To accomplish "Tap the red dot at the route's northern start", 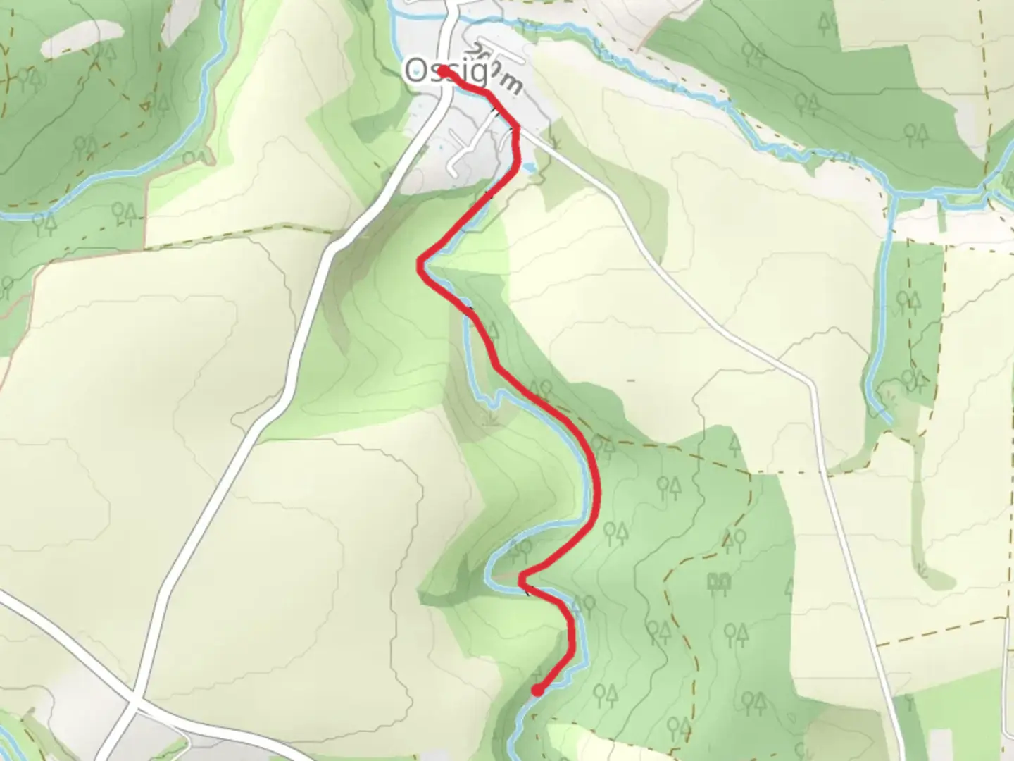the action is [x=442, y=70].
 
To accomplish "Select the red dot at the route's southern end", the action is [x=537, y=691].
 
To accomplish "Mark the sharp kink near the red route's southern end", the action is [x=521, y=579].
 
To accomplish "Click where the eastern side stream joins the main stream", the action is [x=891, y=194].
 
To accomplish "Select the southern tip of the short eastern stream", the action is [x=890, y=421].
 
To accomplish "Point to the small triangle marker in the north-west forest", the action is [x=145, y=106].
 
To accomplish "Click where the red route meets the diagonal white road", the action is [x=518, y=128].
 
